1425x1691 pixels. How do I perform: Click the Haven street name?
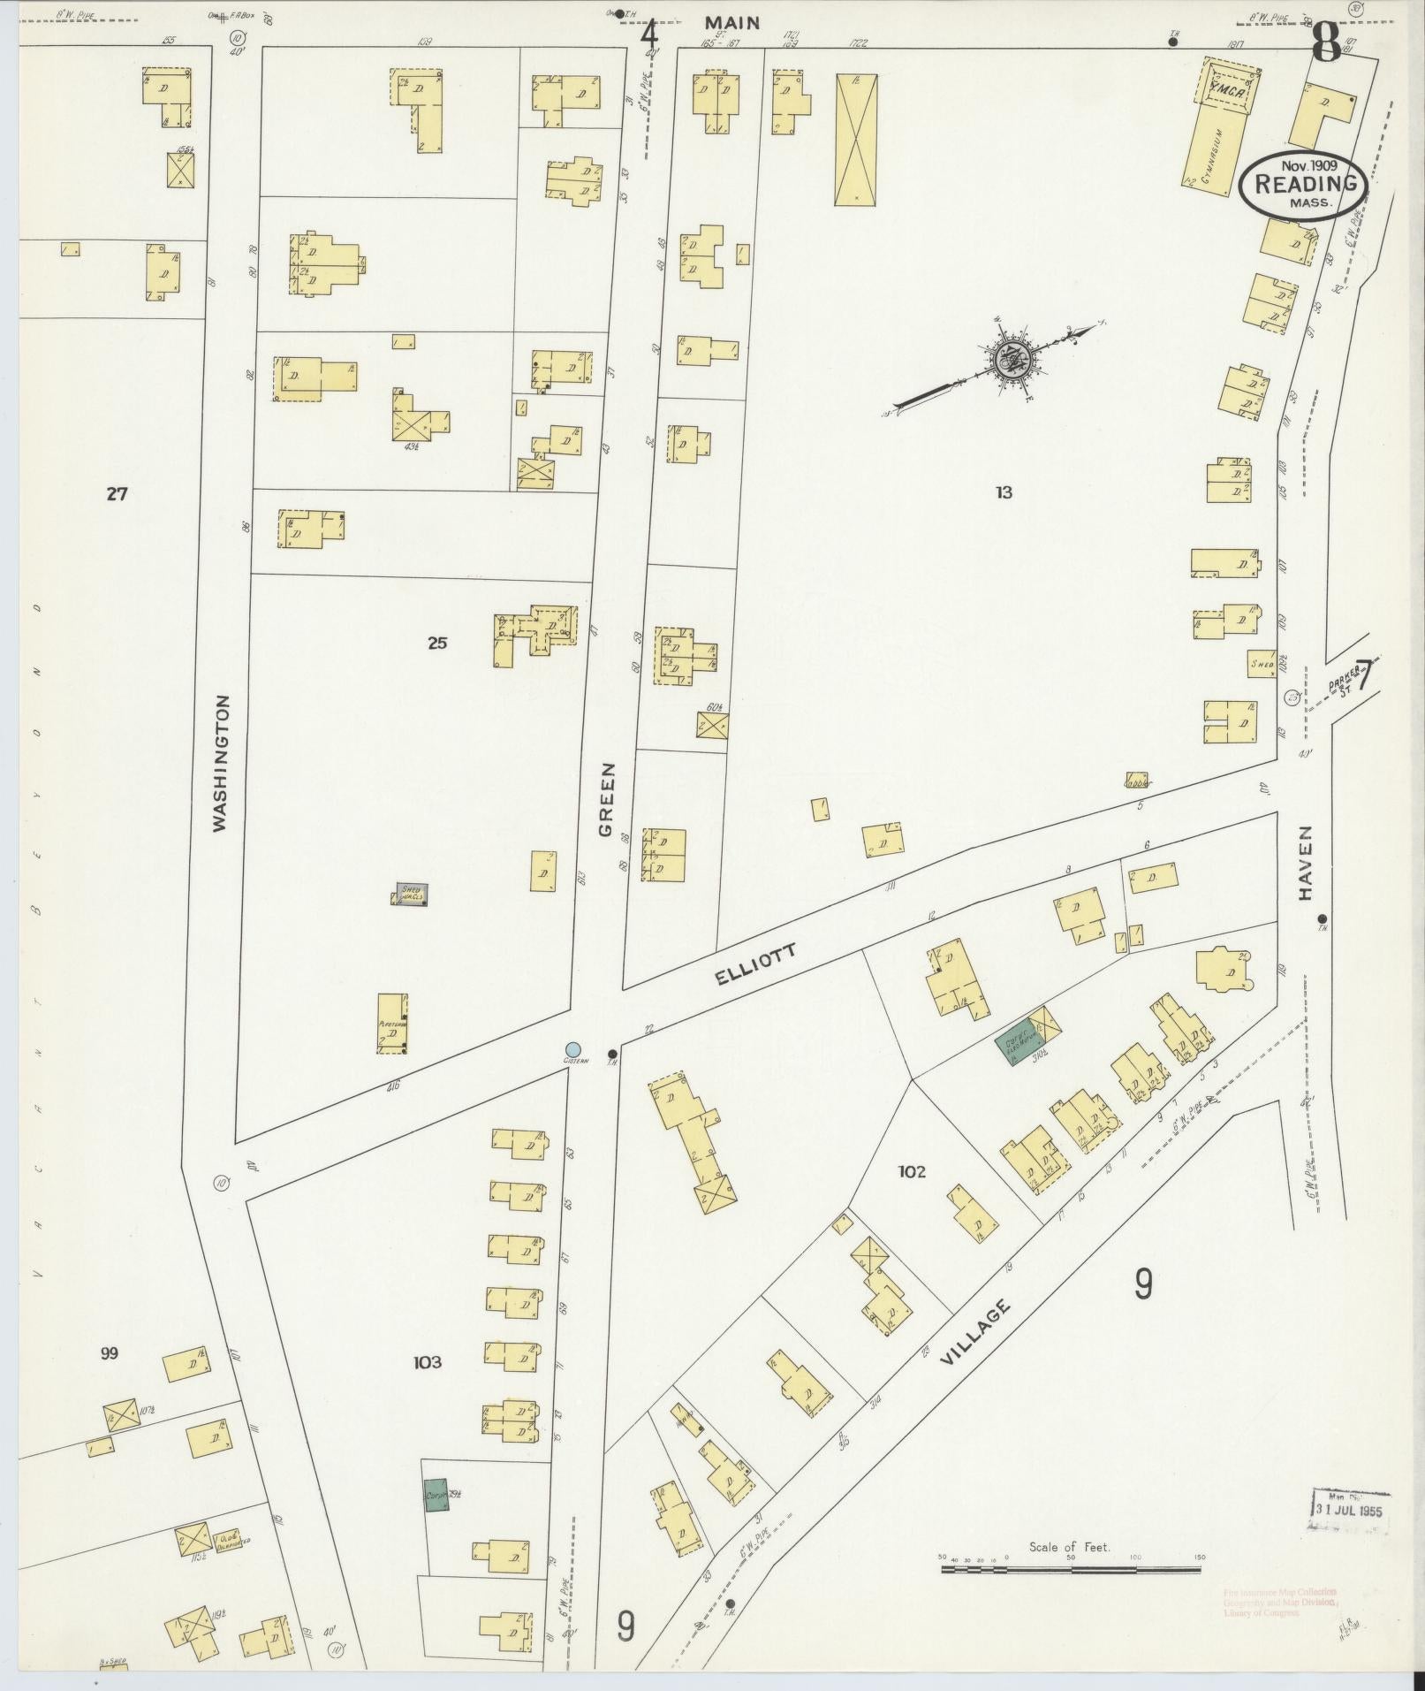coord(1305,863)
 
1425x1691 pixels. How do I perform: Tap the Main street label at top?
coord(732,22)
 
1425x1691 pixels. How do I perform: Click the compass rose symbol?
coord(1008,359)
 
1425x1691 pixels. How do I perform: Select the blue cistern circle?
coord(573,1048)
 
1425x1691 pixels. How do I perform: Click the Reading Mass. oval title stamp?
coord(1304,184)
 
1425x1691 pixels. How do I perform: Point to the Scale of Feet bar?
coord(1070,1569)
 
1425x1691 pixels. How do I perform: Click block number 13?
coord(1003,492)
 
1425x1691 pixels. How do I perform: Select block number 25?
coord(436,643)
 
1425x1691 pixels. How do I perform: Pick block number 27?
coord(117,494)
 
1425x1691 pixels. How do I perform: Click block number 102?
coord(912,1171)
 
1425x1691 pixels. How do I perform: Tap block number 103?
coord(428,1362)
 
